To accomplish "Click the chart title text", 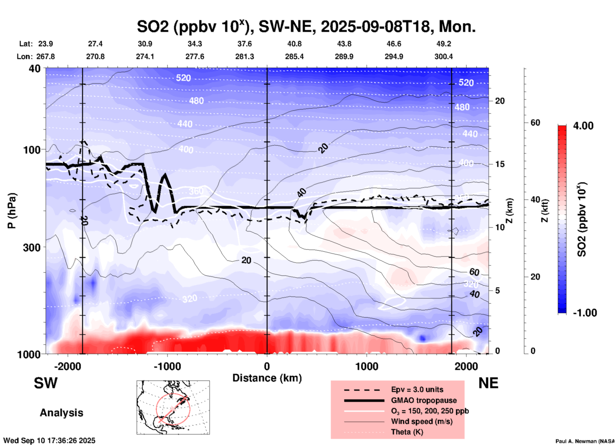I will (x=306, y=26).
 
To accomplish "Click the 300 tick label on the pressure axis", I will (x=32, y=247).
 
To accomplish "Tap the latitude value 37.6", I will (x=244, y=44).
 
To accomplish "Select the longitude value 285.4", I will (x=294, y=57).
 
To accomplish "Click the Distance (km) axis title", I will (x=267, y=378).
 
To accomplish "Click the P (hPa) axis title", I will (x=12, y=211).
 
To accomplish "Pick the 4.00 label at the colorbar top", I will (x=583, y=125).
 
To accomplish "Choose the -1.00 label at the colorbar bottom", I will (x=585, y=313).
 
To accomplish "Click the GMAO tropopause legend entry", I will (x=424, y=400).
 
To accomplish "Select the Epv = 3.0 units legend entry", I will (x=417, y=389).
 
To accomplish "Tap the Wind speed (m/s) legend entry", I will (x=421, y=421).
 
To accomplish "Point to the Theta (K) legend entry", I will (x=407, y=432).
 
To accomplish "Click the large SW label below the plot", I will (x=46, y=383).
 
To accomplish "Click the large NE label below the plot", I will (x=488, y=383).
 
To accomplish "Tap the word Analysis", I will (x=61, y=413).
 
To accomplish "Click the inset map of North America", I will (x=173, y=407).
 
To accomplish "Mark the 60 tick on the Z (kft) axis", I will (x=535, y=123).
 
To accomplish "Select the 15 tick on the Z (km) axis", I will (x=500, y=164).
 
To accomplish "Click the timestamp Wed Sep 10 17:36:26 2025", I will (x=49, y=441).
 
